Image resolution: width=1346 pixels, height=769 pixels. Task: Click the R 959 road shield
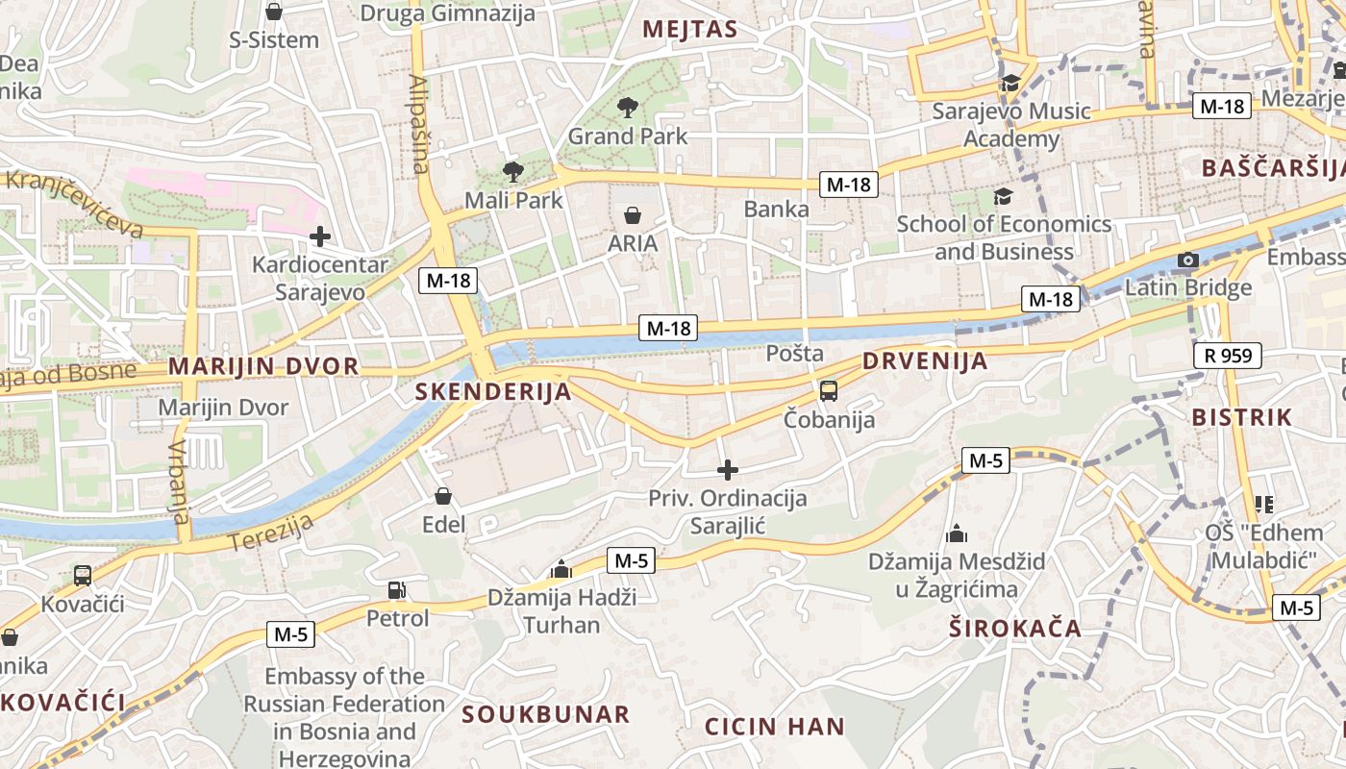pyautogui.click(x=1228, y=357)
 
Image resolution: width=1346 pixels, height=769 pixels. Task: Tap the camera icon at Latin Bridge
pyautogui.click(x=1188, y=260)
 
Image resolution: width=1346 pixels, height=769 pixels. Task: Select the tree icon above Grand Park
pyautogui.click(x=628, y=108)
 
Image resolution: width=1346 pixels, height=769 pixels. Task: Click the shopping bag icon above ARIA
pyautogui.click(x=633, y=214)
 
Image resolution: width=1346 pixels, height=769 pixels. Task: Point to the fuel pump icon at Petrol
pyautogui.click(x=396, y=589)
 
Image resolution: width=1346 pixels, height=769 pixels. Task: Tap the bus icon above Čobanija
pyautogui.click(x=829, y=391)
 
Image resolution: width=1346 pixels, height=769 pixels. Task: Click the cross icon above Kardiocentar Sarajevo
pyautogui.click(x=320, y=236)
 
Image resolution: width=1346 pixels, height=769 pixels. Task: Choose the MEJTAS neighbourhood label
pyautogui.click(x=690, y=29)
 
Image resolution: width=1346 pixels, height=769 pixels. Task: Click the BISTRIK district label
pyautogui.click(x=1242, y=417)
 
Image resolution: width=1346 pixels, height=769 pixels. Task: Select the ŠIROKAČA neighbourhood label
pyautogui.click(x=1015, y=629)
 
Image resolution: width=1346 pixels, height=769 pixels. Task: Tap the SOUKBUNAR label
pyautogui.click(x=546, y=714)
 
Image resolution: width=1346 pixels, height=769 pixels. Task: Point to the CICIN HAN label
pyautogui.click(x=775, y=726)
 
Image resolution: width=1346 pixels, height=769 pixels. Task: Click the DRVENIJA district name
pyautogui.click(x=925, y=361)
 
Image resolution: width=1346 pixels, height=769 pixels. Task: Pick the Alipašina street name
pyautogui.click(x=418, y=125)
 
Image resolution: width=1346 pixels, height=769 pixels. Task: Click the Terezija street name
pyautogui.click(x=274, y=533)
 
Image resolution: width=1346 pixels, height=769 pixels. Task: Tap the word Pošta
pyautogui.click(x=795, y=353)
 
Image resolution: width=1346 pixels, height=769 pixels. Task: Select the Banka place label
pyautogui.click(x=777, y=209)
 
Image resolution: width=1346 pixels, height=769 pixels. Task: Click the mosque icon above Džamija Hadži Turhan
pyautogui.click(x=561, y=570)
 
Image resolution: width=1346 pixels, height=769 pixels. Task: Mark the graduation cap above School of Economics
pyautogui.click(x=1003, y=196)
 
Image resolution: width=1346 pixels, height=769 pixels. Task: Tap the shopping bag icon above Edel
pyautogui.click(x=443, y=496)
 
